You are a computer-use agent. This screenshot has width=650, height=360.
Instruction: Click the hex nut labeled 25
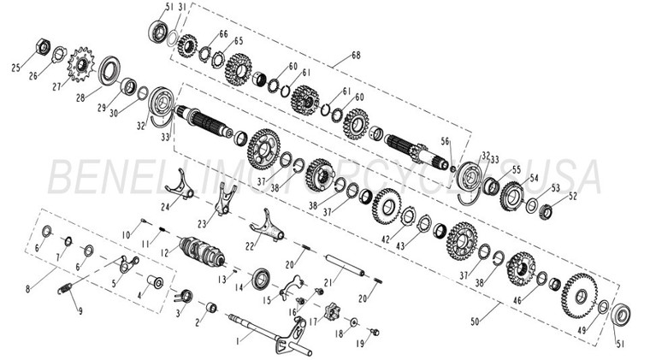tap(43, 45)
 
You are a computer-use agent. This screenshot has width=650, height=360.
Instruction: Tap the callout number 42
tap(387, 239)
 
